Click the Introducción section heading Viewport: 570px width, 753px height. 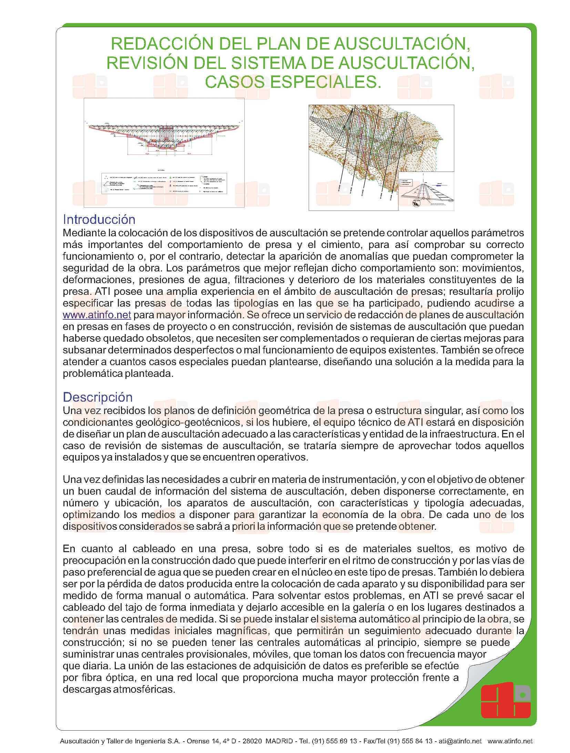tap(99, 219)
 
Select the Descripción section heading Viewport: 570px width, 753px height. tap(98, 397)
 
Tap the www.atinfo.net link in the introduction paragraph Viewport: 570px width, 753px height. tap(96, 315)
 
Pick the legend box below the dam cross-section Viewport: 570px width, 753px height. tap(164, 183)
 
